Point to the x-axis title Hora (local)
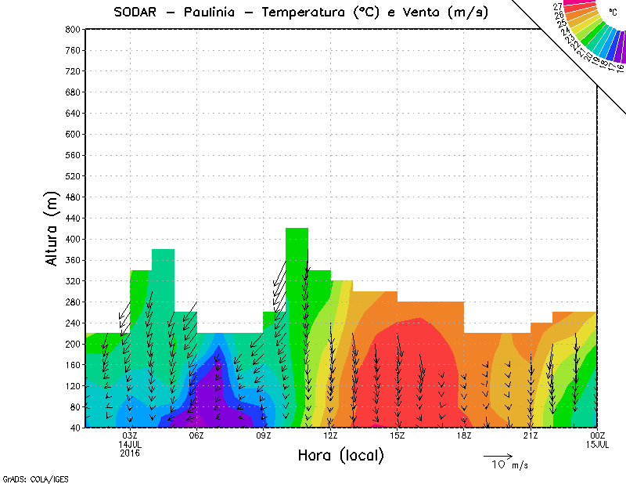tap(340, 456)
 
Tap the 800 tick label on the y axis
tap(73, 29)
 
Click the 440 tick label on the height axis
tap(73, 218)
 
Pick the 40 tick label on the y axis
tap(75, 428)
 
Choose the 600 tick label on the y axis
tap(73, 134)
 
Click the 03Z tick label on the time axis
tap(130, 435)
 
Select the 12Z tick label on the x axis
tap(330, 435)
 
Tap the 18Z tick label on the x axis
tap(464, 435)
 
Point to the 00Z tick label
tap(598, 435)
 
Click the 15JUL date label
tap(598, 444)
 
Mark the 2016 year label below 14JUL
tap(130, 453)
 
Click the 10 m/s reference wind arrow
tap(498, 455)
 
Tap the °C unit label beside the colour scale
tap(612, 13)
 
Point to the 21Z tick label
tap(531, 435)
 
